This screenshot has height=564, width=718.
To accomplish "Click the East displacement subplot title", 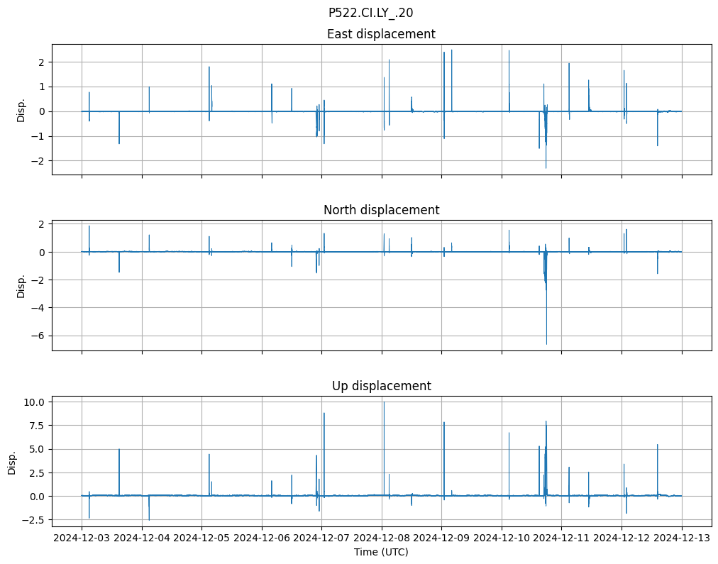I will pyautogui.click(x=381, y=34).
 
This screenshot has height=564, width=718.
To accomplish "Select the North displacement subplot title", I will pyautogui.click(x=381, y=210).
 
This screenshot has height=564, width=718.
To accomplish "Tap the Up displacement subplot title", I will pyautogui.click(x=381, y=386).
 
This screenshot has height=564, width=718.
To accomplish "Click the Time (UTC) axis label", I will pyautogui.click(x=381, y=552).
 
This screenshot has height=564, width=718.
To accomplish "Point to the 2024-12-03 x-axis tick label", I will pyautogui.click(x=82, y=538).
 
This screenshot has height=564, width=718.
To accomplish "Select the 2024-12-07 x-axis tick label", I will pyautogui.click(x=322, y=538).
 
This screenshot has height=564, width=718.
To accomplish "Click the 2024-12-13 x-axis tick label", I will pyautogui.click(x=682, y=538).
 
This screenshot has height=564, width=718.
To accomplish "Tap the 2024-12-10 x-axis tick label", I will pyautogui.click(x=502, y=538).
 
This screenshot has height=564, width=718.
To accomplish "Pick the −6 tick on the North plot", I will pyautogui.click(x=40, y=336).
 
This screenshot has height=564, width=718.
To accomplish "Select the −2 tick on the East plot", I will pyautogui.click(x=40, y=161).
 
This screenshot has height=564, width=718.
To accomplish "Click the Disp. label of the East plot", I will pyautogui.click(x=21, y=110).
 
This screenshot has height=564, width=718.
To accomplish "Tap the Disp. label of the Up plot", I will pyautogui.click(x=11, y=462).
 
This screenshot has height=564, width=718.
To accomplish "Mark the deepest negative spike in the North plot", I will pyautogui.click(x=546, y=344).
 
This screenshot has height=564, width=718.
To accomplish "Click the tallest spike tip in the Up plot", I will pyautogui.click(x=384, y=402).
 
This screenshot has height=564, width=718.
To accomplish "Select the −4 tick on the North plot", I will pyautogui.click(x=40, y=308).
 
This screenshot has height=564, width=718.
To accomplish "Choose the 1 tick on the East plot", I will pyautogui.click(x=43, y=87).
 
